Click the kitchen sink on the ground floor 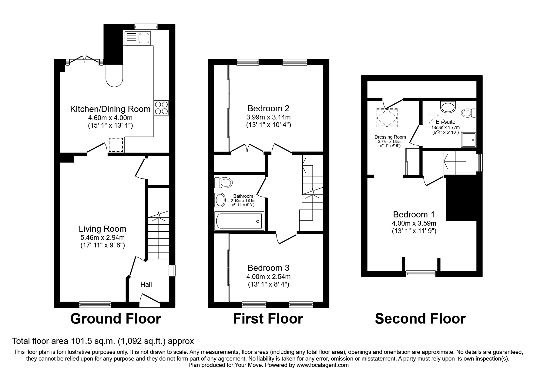pyautogui.click(x=137, y=38)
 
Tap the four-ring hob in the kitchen pyautogui.click(x=161, y=108)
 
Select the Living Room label pyautogui.click(x=102, y=229)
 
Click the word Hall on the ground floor pyautogui.click(x=146, y=284)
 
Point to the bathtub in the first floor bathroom pyautogui.click(x=239, y=221)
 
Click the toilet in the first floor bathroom pyautogui.click(x=224, y=183)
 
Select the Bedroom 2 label pyautogui.click(x=268, y=108)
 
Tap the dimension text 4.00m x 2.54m pyautogui.click(x=268, y=277)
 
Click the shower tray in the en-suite pyautogui.click(x=468, y=139)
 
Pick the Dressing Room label pyautogui.click(x=390, y=137)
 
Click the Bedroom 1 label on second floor pyautogui.click(x=414, y=215)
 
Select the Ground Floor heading pyautogui.click(x=116, y=319)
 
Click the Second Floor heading pyautogui.click(x=420, y=319)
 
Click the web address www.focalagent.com pyautogui.click(x=322, y=365)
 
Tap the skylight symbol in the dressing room pyautogui.click(x=387, y=118)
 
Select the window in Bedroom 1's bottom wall pyautogui.click(x=421, y=274)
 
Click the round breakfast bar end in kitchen pyautogui.click(x=114, y=77)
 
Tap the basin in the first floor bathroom pyautogui.click(x=220, y=200)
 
